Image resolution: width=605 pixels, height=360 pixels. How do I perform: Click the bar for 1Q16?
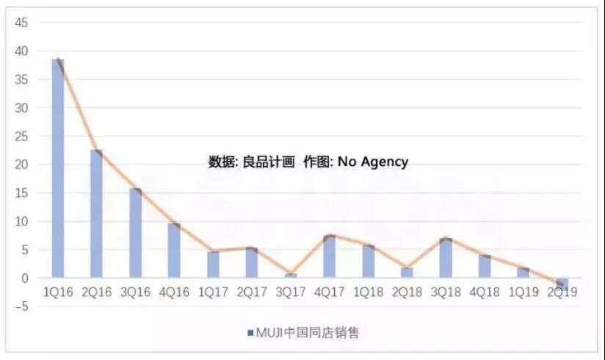tap(57, 169)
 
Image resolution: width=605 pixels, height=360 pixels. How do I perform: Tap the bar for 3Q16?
tap(135, 234)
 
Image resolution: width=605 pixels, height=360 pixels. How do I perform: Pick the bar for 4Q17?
tap(329, 257)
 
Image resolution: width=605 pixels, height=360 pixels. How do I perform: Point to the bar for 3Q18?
tap(445, 259)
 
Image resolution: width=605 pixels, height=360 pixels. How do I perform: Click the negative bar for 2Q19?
tap(562, 283)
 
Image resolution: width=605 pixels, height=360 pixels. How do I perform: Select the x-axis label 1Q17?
tap(213, 292)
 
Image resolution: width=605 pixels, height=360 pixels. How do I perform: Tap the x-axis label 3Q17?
tap(290, 292)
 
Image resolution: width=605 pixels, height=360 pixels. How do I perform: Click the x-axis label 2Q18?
tap(406, 292)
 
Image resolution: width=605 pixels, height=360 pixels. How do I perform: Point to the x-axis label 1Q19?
tap(523, 292)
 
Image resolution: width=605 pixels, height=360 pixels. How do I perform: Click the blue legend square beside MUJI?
tap(250, 333)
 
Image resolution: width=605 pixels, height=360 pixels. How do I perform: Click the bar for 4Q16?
tap(174, 251)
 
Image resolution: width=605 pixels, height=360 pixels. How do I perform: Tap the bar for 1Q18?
tap(368, 262)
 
